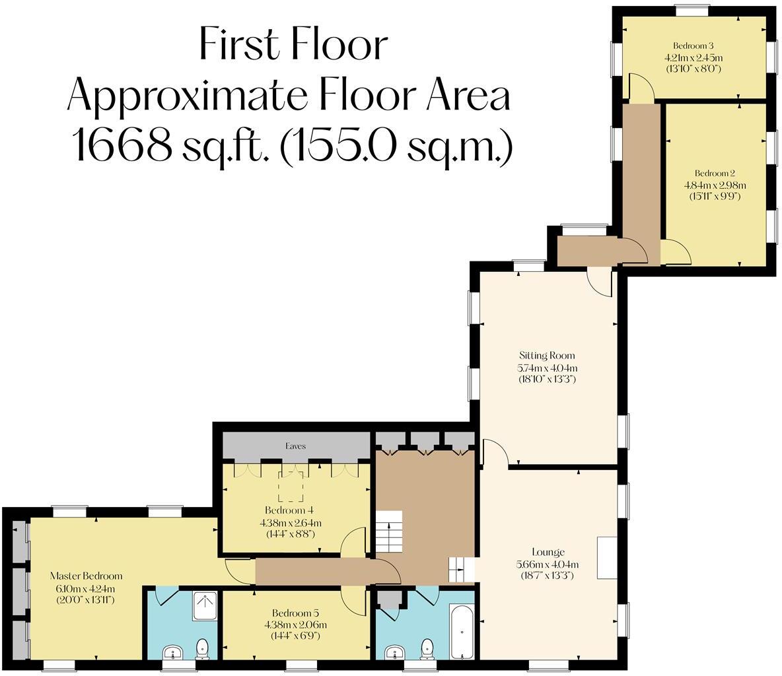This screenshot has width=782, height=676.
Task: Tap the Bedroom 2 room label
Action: pyautogui.click(x=714, y=174)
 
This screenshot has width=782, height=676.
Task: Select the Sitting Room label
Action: pyautogui.click(x=547, y=355)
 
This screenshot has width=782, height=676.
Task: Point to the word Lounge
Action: pyautogui.click(x=548, y=552)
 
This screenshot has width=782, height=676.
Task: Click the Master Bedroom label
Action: pyautogui.click(x=87, y=576)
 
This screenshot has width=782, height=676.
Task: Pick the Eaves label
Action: pyautogui.click(x=296, y=446)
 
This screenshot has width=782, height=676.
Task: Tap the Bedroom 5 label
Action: pyautogui.click(x=295, y=613)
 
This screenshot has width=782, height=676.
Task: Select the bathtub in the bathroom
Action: pyautogui.click(x=462, y=631)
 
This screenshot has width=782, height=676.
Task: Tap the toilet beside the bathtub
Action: pyautogui.click(x=427, y=648)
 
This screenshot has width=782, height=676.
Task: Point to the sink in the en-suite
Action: pyautogui.click(x=174, y=652)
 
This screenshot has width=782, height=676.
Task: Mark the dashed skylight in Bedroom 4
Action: pyautogui.click(x=291, y=487)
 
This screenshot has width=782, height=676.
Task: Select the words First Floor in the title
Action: pyautogui.click(x=293, y=44)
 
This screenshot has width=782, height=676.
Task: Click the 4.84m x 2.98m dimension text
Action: pyautogui.click(x=715, y=185)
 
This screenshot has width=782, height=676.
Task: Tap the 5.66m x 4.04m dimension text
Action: pyautogui.click(x=548, y=564)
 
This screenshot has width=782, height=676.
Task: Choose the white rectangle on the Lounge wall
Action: pyautogui.click(x=607, y=558)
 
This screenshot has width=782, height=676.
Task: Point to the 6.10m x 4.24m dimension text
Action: pyautogui.click(x=86, y=588)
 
